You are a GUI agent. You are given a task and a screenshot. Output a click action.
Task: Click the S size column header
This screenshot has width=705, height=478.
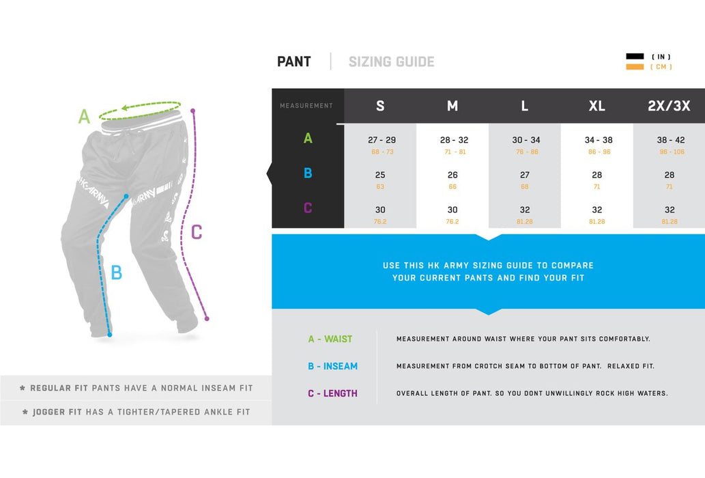380,106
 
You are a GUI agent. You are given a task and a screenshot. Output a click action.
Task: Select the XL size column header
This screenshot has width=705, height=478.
596,106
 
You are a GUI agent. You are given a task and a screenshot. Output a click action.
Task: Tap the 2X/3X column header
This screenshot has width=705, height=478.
669,106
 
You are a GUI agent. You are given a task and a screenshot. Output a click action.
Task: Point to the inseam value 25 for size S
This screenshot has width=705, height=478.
380,175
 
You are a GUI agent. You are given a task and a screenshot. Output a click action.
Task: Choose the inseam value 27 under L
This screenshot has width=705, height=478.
525,175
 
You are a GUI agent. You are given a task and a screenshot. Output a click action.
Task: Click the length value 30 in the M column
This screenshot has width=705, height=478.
452,210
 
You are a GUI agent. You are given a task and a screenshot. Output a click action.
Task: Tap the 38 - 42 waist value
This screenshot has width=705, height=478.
671,140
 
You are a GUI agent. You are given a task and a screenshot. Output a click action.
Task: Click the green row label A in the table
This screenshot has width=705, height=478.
308,138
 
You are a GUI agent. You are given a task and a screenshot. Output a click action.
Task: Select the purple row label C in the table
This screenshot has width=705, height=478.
308,208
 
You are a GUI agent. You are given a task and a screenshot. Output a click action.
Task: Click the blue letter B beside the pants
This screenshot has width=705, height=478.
117,272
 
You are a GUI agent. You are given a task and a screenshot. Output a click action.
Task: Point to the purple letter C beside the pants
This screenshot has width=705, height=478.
197,232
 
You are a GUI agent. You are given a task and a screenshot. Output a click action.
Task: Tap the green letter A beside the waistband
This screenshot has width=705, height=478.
84,117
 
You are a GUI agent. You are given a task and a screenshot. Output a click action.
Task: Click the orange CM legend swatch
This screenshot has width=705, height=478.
635,67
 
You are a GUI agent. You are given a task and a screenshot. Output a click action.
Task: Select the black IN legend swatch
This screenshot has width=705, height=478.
635,56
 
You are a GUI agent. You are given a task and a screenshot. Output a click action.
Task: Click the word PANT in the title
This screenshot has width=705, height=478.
294,61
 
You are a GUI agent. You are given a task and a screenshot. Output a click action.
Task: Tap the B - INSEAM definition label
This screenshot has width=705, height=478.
333,367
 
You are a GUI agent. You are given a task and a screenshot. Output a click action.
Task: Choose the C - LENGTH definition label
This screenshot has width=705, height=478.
333,393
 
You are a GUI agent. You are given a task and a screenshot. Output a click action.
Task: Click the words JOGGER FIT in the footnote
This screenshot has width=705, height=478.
57,412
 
